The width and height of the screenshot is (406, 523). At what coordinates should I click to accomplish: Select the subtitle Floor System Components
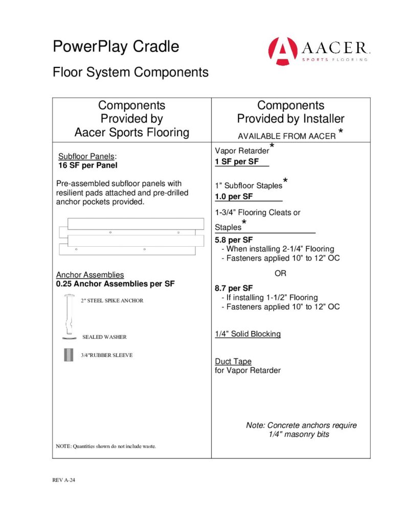coord(130,72)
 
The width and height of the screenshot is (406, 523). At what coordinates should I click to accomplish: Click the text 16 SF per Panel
coord(88,165)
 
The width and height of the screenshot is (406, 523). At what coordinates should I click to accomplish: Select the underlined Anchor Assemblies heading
coord(89,275)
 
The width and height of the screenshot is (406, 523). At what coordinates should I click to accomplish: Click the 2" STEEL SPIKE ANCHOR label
coord(112,301)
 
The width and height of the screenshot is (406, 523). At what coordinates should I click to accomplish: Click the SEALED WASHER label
coord(104,337)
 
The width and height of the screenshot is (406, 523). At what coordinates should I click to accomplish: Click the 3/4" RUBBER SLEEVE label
coord(106,355)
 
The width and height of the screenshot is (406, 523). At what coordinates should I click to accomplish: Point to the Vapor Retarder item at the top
coord(242,152)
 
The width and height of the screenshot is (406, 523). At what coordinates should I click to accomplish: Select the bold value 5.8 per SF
coord(234,240)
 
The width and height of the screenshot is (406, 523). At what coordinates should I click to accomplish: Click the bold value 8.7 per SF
coord(234,288)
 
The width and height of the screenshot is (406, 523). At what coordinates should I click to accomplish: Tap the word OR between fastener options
coord(280,274)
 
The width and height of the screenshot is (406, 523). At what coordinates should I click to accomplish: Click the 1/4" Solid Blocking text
coord(247,334)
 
